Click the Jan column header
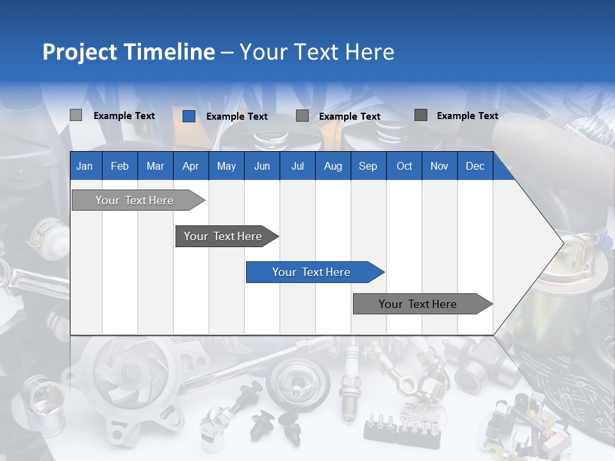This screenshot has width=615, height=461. [x=85, y=166]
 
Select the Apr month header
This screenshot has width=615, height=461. [x=190, y=166]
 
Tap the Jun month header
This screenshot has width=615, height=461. [x=262, y=166]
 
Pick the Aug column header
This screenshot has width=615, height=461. [x=332, y=166]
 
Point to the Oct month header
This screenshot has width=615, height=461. [x=404, y=166]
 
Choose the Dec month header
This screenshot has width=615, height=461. [x=475, y=166]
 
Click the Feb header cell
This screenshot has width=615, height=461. [x=120, y=166]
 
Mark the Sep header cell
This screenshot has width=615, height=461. [x=368, y=166]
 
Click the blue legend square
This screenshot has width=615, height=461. [x=188, y=116]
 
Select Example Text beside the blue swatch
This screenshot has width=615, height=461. [x=236, y=117]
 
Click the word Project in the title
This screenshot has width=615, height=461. [x=79, y=52]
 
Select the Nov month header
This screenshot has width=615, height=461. [x=439, y=166]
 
